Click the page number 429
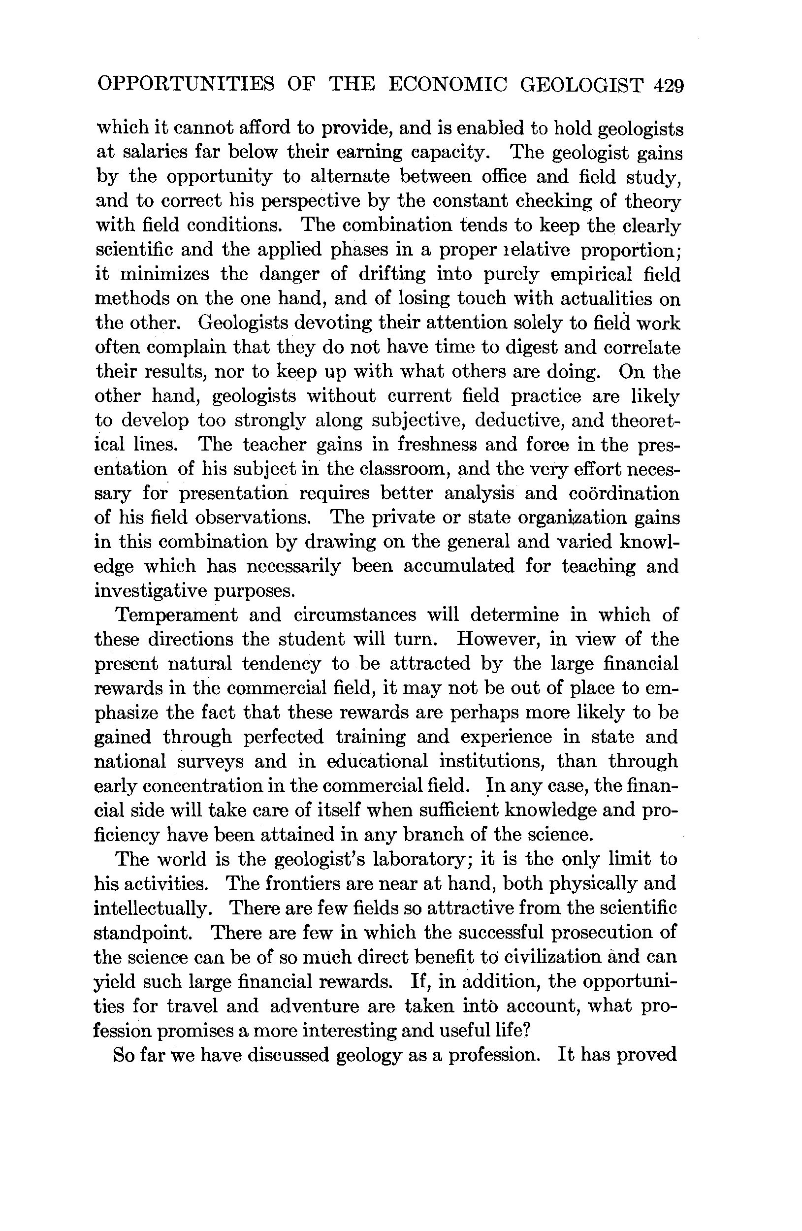669,84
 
